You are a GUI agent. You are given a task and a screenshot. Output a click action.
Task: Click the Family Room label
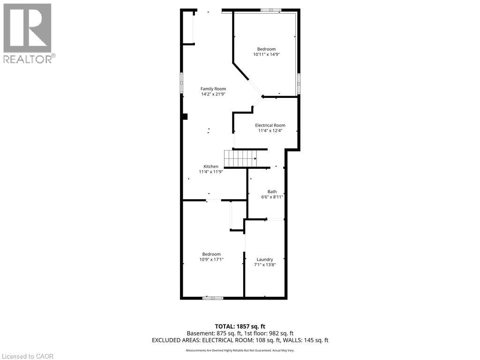(213, 89)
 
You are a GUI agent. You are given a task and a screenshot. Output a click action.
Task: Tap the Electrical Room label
(270, 125)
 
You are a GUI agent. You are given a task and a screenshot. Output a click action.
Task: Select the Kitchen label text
(210, 166)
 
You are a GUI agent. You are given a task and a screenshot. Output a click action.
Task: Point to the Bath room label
(272, 191)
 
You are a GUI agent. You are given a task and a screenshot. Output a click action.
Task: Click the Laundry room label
(265, 259)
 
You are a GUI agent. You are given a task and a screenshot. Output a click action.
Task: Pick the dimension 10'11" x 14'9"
(266, 54)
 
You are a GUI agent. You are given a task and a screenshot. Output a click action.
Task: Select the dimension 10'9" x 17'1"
(211, 259)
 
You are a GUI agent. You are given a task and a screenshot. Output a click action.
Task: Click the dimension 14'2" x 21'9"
(213, 94)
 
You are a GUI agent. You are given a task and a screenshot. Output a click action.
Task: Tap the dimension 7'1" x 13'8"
(265, 264)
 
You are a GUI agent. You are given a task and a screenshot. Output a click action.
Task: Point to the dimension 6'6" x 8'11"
(272, 197)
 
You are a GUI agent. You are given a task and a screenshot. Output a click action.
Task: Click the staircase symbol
(240, 158)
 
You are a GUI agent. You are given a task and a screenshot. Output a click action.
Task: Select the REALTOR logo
(28, 33)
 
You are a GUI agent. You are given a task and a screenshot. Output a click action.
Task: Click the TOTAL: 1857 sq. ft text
(240, 326)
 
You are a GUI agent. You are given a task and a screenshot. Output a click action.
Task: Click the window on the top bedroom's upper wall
(271, 10)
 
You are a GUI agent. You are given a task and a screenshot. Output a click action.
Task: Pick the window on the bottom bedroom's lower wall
(213, 298)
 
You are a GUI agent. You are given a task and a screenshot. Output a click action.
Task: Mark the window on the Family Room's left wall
(181, 83)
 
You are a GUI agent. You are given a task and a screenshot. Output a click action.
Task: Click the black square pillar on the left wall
(185, 116)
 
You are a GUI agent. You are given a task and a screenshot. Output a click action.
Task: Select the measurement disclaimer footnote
(240, 351)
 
